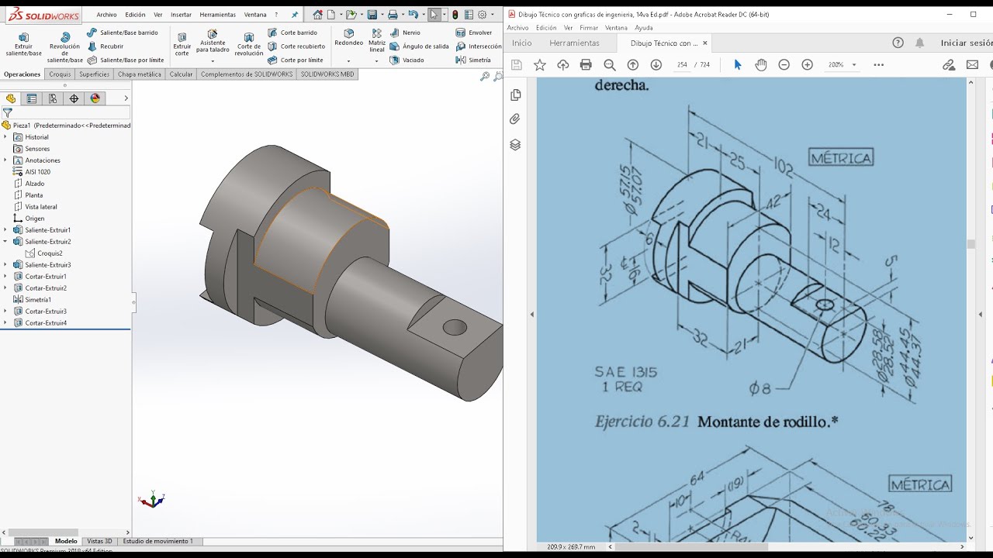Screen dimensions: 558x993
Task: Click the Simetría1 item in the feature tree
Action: click(x=38, y=300)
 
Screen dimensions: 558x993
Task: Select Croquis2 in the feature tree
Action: click(x=50, y=253)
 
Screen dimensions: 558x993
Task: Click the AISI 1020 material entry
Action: click(x=37, y=172)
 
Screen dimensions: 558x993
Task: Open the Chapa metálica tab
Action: click(x=140, y=74)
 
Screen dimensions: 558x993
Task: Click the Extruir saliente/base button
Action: click(x=23, y=44)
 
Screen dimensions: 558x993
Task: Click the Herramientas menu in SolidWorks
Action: click(x=217, y=15)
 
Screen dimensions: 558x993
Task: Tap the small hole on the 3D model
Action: click(x=455, y=327)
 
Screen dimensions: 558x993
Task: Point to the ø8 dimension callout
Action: click(x=759, y=388)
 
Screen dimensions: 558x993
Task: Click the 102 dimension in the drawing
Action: click(x=784, y=167)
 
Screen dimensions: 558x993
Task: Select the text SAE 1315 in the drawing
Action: click(x=625, y=372)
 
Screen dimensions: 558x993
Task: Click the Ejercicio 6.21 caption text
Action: click(x=642, y=422)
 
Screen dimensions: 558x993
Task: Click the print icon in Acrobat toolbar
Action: click(x=586, y=65)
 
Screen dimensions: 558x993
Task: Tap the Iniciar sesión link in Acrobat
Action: click(x=966, y=43)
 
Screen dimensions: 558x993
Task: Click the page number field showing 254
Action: click(x=682, y=65)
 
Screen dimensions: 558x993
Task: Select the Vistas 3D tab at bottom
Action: click(x=99, y=541)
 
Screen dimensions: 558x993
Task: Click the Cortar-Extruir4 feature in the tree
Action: click(x=46, y=323)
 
